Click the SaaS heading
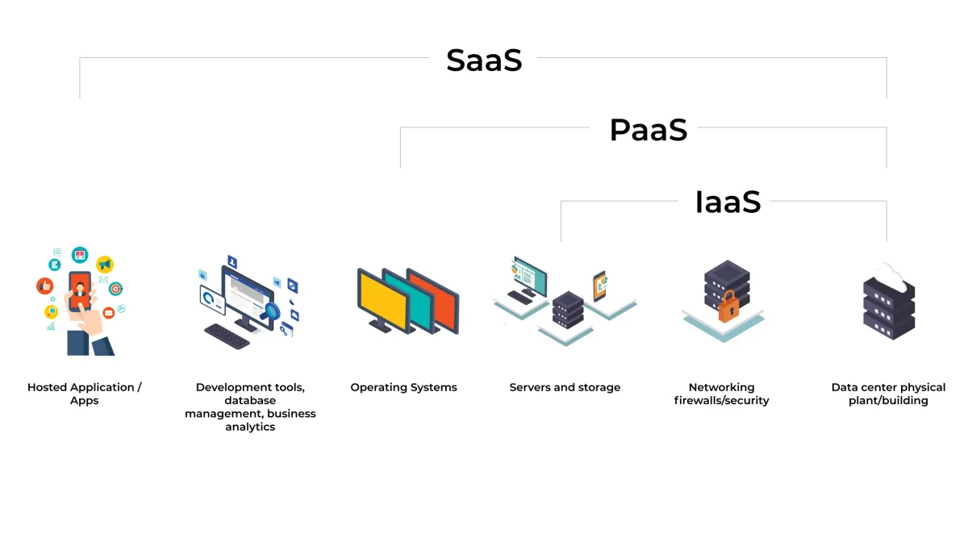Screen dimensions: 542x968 click(x=484, y=60)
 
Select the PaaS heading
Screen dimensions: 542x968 click(x=648, y=130)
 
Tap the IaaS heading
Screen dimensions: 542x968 click(x=728, y=202)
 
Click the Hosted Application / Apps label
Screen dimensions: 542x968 click(x=84, y=394)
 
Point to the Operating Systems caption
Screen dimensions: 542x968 click(x=403, y=387)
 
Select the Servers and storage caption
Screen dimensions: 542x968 click(x=565, y=387)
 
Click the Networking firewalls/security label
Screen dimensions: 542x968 click(x=721, y=394)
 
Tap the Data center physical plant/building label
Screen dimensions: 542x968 click(x=888, y=394)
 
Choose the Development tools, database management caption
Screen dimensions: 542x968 click(x=250, y=406)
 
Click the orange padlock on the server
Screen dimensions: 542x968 click(x=728, y=308)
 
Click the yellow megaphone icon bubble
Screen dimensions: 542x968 click(x=104, y=264)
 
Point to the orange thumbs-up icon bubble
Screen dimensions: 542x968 click(x=45, y=286)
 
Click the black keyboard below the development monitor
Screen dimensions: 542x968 click(x=227, y=335)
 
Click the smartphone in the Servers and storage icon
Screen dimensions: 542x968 click(x=599, y=286)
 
